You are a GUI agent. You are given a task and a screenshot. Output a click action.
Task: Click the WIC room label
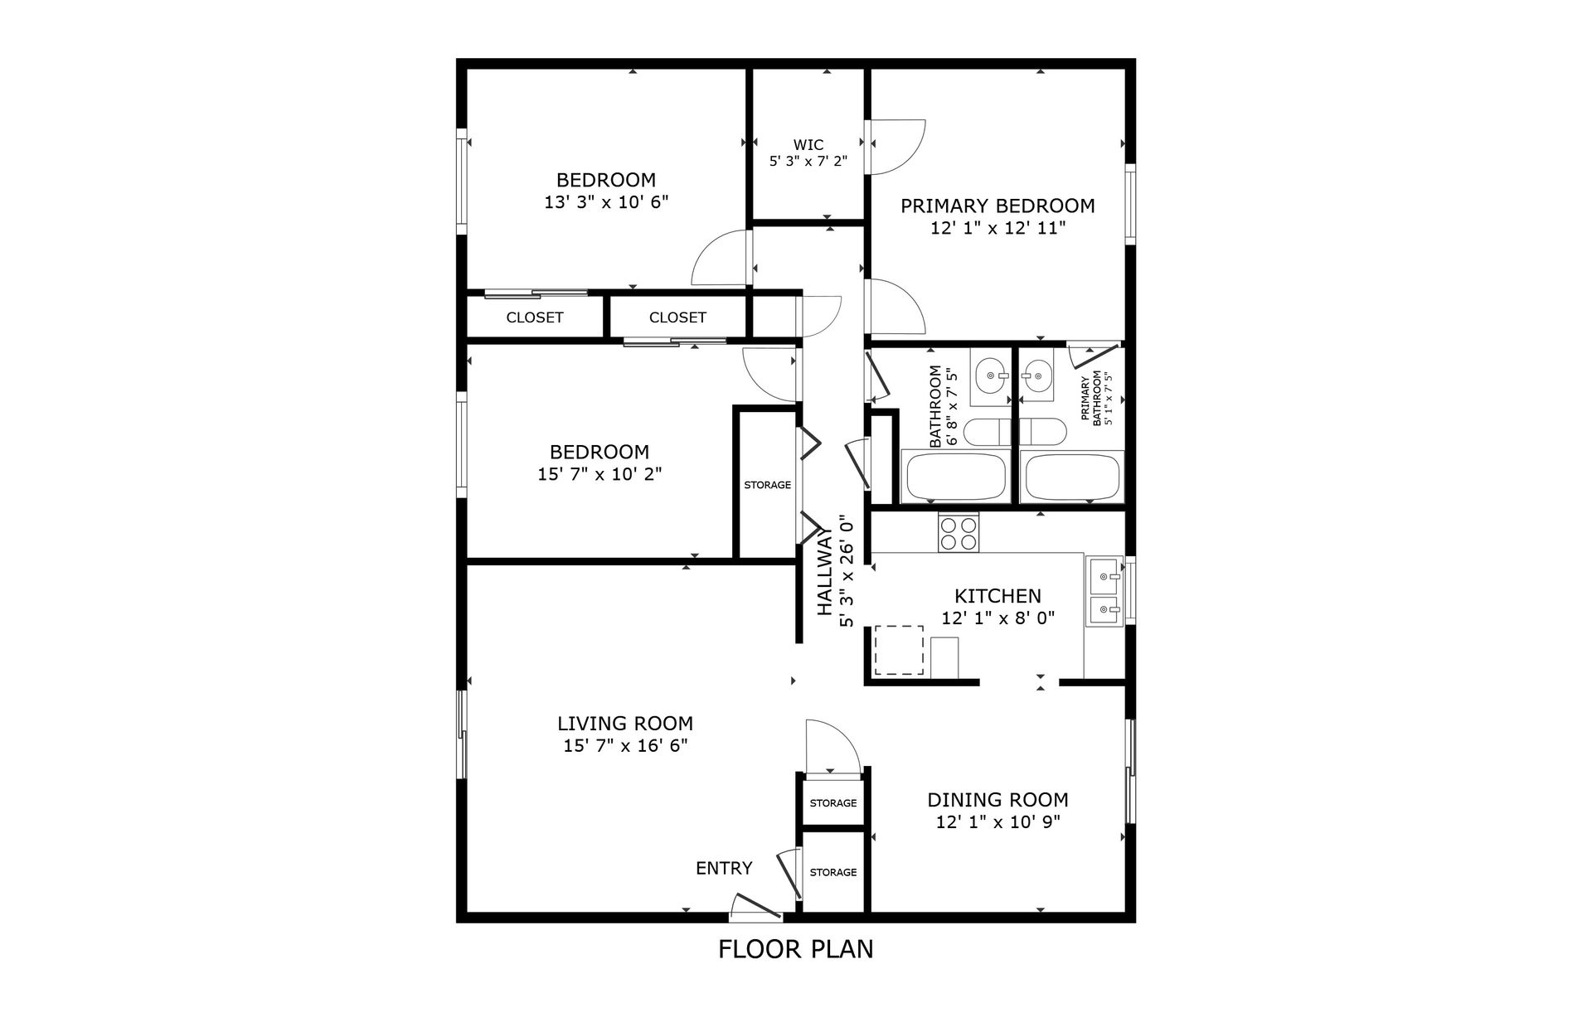pyautogui.click(x=808, y=145)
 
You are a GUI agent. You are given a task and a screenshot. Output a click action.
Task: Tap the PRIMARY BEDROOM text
pyautogui.click(x=997, y=206)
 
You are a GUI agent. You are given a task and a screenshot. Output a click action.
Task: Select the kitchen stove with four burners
pyautogui.click(x=959, y=533)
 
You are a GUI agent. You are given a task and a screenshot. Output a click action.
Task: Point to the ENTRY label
pyautogui.click(x=724, y=868)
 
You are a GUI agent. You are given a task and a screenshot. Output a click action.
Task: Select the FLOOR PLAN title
pyautogui.click(x=795, y=949)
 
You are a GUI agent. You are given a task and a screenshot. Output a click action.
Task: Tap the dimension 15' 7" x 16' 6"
pyautogui.click(x=625, y=746)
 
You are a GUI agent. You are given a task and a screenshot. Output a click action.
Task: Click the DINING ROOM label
pyautogui.click(x=997, y=800)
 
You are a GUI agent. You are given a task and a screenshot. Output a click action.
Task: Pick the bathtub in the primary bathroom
pyautogui.click(x=1073, y=477)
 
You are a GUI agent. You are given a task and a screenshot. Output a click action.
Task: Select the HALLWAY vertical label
pyautogui.click(x=824, y=573)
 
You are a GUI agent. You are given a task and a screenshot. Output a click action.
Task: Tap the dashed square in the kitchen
pyautogui.click(x=900, y=650)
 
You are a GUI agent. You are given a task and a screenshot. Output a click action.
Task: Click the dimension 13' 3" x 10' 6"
pyautogui.click(x=606, y=202)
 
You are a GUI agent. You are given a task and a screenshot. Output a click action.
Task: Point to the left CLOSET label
pyautogui.click(x=535, y=317)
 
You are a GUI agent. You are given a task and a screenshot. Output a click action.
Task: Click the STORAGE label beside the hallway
pyautogui.click(x=767, y=485)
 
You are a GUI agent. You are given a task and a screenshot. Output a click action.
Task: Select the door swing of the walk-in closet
pyautogui.click(x=897, y=148)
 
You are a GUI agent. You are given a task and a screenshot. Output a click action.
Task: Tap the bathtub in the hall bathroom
pyautogui.click(x=956, y=477)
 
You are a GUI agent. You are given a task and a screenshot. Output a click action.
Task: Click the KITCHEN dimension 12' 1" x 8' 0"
pyautogui.click(x=997, y=618)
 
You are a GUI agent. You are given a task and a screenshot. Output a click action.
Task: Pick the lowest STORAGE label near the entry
pyautogui.click(x=833, y=872)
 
